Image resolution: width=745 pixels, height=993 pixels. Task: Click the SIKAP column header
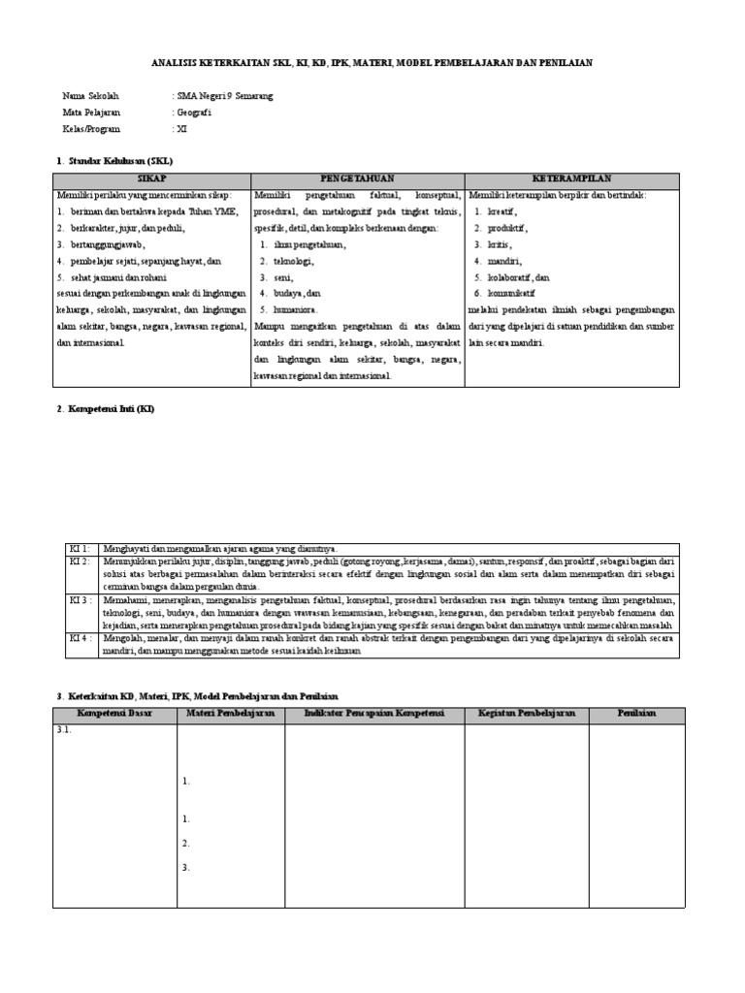151,180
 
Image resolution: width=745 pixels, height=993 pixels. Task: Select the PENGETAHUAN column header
357,180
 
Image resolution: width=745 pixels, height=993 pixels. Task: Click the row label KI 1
78,549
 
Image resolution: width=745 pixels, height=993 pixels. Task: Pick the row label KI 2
78,561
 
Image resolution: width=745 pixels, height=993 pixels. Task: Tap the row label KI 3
78,600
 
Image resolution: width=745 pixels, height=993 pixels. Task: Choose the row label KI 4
78,638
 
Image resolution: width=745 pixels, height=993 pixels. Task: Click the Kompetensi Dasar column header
114,714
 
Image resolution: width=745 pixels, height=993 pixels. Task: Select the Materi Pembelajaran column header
230,714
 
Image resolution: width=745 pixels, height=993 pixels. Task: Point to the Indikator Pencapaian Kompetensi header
373,714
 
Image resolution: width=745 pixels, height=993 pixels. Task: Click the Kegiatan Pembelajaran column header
526,714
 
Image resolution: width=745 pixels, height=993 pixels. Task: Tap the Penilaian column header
636,714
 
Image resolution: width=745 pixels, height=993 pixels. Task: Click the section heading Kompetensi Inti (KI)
110,409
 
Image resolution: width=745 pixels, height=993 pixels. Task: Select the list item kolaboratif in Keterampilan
519,276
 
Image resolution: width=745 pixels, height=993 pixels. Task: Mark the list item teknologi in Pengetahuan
294,260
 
